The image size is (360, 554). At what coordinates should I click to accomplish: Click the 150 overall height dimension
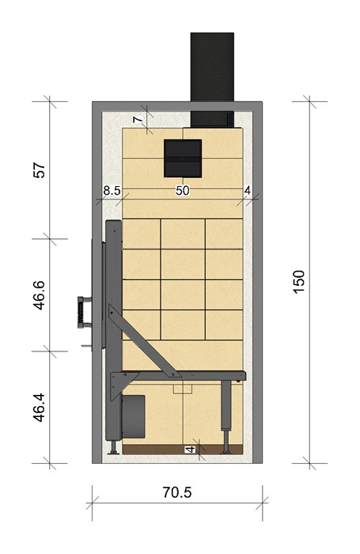299,282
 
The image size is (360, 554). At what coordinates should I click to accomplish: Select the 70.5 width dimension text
177,491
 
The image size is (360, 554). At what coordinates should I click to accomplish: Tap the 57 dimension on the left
40,170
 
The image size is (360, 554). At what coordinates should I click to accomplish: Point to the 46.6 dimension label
40,295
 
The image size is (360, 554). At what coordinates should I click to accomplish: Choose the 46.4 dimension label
40,407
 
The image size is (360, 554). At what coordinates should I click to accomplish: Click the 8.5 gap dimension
112,191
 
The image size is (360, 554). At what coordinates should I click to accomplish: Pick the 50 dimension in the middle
182,191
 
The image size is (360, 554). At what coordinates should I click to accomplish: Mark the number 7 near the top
138,120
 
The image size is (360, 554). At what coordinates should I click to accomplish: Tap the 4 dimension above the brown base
191,450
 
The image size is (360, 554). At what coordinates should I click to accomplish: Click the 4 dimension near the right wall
248,191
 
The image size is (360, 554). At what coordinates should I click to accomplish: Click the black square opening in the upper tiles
183,158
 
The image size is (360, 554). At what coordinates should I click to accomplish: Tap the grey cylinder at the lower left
133,417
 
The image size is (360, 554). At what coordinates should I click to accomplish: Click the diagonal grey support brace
144,340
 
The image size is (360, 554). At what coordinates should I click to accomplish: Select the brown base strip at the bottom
182,450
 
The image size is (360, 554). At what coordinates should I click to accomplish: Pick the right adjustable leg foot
225,449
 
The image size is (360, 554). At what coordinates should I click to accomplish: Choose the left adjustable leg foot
113,447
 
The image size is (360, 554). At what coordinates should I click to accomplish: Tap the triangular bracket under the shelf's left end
119,384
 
